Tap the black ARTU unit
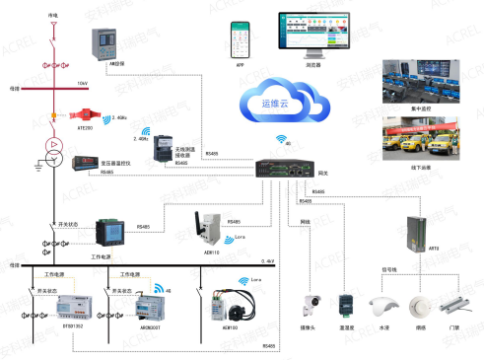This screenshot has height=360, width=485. tap(416, 232)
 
